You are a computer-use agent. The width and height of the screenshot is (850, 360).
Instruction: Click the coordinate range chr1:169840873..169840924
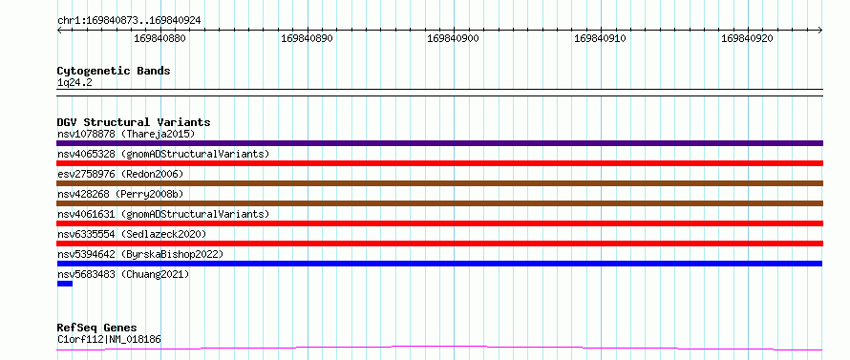tap(129, 20)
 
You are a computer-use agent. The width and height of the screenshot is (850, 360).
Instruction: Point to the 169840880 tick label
tap(160, 38)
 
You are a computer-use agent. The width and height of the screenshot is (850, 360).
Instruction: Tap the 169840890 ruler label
tap(308, 38)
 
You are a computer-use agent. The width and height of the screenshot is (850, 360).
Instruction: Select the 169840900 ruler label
tap(454, 38)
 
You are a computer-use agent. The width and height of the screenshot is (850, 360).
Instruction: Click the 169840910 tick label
tap(601, 38)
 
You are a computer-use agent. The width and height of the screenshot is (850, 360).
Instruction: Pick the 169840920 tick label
tap(748, 38)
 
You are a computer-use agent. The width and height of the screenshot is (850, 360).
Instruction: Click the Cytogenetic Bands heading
tap(114, 71)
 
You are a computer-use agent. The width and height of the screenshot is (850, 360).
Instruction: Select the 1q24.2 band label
tap(74, 82)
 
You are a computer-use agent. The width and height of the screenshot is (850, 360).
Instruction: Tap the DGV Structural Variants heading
tap(134, 122)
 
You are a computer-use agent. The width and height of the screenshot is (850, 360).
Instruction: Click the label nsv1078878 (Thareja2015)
tap(126, 134)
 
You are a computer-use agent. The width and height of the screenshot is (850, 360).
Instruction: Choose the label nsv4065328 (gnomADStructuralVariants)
tap(163, 154)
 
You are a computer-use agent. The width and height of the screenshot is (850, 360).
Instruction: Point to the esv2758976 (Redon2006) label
tap(120, 174)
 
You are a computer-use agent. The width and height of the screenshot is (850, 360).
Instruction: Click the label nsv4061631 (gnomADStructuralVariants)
tap(163, 214)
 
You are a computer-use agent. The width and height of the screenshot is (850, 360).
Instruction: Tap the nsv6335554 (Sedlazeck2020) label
tap(132, 234)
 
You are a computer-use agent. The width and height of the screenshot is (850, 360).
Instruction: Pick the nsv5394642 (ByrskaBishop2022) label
tap(140, 254)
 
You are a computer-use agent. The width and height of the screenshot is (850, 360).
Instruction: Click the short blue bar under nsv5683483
tap(65, 284)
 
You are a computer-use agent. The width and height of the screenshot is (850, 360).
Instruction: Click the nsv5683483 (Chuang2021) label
tap(123, 274)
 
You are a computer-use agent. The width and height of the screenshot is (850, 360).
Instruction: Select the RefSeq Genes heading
tap(97, 328)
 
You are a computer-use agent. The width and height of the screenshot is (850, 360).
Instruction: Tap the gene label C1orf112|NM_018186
tap(109, 339)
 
